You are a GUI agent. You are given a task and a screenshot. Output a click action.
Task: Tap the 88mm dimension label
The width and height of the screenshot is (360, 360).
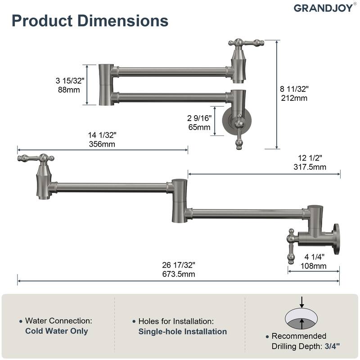coord(70,89)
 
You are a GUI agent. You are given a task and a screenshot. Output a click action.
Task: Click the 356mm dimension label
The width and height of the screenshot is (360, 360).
coord(102,144)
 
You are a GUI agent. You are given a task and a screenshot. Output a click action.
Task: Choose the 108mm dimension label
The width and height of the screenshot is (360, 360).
coord(313,266)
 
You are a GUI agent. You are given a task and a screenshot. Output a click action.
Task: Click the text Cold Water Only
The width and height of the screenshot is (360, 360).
coord(57,331)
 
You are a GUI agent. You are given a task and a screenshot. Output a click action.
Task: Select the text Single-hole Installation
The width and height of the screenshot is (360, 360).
coord(183,332)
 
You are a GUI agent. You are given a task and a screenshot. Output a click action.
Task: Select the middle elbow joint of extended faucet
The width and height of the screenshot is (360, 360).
coord(179,200)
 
